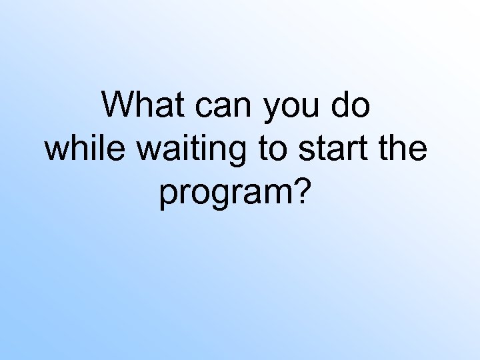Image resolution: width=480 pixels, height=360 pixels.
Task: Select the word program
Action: click(226, 195)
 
